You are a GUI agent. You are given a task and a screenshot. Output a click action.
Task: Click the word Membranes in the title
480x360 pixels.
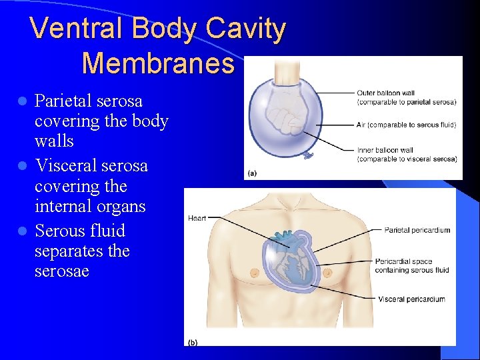pyautogui.click(x=158, y=63)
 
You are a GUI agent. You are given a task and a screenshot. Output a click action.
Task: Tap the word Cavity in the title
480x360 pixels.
pyautogui.click(x=246, y=29)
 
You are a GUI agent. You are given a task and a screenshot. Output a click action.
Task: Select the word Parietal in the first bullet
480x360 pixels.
pyautogui.click(x=64, y=101)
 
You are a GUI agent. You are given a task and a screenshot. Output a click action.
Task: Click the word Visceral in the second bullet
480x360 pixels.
pyautogui.click(x=65, y=165)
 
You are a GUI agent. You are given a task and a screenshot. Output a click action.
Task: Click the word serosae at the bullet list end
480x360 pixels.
pyautogui.click(x=61, y=272)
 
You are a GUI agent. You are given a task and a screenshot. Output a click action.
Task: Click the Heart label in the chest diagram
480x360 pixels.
pyautogui.click(x=197, y=218)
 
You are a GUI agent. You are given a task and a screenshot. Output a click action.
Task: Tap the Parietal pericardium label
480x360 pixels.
pyautogui.click(x=417, y=230)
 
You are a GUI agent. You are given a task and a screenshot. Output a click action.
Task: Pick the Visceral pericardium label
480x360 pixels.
pyautogui.click(x=411, y=299)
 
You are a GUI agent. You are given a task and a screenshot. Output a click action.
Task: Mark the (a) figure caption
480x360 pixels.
pyautogui.click(x=251, y=173)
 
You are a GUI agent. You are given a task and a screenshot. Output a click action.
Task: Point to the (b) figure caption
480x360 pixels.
pyautogui.click(x=192, y=342)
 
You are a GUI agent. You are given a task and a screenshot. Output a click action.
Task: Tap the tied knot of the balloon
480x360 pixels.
pyautogui.click(x=309, y=155)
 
